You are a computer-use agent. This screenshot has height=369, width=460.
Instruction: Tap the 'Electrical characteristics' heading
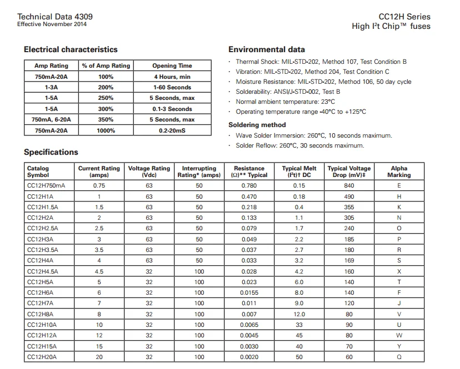[71, 49]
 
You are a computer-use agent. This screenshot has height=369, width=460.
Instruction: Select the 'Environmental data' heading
[266, 49]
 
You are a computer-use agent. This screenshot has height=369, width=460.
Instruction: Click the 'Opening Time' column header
[172, 65]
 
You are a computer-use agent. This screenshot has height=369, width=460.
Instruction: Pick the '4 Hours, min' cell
[172, 77]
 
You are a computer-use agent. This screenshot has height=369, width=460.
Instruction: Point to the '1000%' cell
[106, 130]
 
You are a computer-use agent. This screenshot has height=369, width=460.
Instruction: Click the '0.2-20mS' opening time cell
[172, 130]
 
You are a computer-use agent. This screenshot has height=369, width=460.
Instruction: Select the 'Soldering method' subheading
[257, 125]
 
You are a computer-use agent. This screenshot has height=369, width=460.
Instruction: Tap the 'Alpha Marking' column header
[399, 171]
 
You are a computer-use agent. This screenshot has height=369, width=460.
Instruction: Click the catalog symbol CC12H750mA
[46, 186]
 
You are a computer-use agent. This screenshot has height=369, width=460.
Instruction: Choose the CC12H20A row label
[42, 357]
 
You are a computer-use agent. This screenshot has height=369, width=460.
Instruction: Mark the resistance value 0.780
[249, 186]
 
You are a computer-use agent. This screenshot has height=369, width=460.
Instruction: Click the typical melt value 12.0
[299, 314]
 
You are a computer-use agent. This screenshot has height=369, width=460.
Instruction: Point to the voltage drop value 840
[349, 186]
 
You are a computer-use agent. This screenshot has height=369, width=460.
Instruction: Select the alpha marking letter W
[399, 335]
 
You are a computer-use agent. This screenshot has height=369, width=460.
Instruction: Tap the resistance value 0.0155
[249, 292]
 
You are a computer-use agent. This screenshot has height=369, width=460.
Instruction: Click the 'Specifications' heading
[51, 152]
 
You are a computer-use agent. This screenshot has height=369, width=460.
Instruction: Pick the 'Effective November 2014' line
[52, 24]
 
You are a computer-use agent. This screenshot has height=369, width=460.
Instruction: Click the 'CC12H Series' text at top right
[404, 17]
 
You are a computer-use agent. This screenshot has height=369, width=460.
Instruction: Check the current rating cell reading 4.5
[99, 271]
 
